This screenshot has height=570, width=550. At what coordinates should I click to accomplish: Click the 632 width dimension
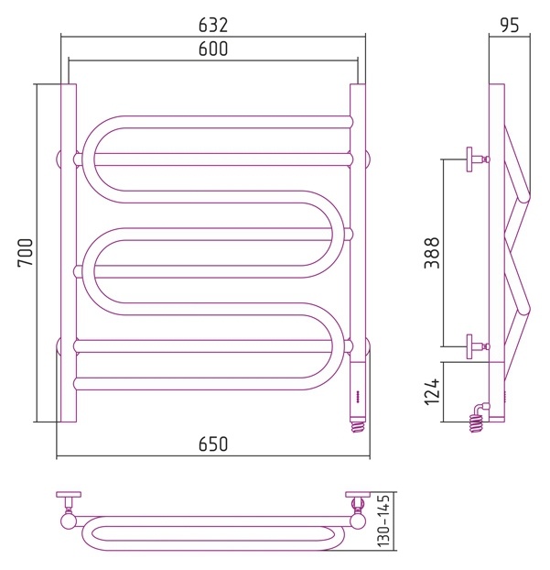tap(213, 25)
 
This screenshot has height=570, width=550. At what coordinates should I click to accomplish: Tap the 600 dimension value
tap(213, 49)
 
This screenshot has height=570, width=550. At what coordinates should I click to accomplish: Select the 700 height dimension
tap(26, 252)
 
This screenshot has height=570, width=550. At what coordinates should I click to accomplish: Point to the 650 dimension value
tap(213, 444)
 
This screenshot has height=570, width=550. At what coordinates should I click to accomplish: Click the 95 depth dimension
tap(510, 25)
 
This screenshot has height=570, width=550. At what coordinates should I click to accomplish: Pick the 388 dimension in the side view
tap(432, 253)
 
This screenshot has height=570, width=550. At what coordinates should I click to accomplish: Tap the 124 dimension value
tap(432, 391)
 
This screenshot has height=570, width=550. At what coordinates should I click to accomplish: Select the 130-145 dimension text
tap(383, 520)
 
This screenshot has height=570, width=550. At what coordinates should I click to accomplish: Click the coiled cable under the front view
tap(359, 427)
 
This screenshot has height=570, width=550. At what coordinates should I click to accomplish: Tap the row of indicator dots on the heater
tap(357, 397)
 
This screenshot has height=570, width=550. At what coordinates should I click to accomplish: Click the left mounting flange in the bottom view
tap(69, 494)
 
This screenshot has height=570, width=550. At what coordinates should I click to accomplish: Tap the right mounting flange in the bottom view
tap(358, 494)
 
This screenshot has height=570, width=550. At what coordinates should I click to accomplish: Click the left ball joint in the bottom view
tap(68, 521)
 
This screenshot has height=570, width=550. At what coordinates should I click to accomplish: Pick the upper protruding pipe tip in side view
tap(524, 196)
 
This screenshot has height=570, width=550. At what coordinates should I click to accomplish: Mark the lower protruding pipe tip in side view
tap(524, 310)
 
